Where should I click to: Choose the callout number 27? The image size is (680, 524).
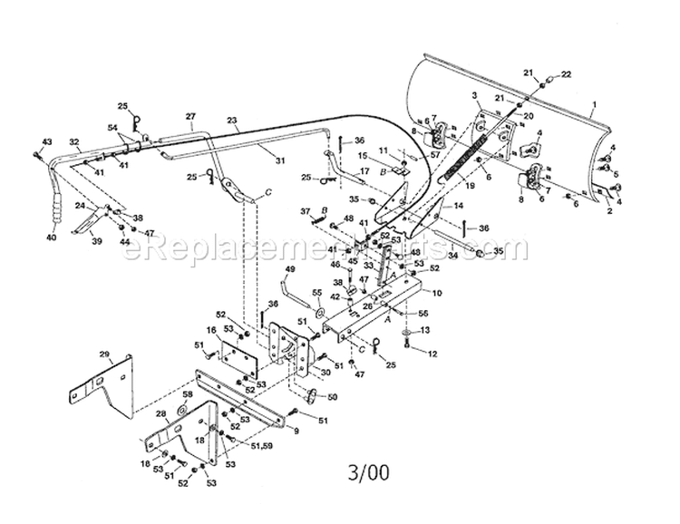point(190,116)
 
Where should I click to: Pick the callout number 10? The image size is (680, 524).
point(437,293)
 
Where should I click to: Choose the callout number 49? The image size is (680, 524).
point(290,269)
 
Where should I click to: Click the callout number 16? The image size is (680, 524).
point(209,332)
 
